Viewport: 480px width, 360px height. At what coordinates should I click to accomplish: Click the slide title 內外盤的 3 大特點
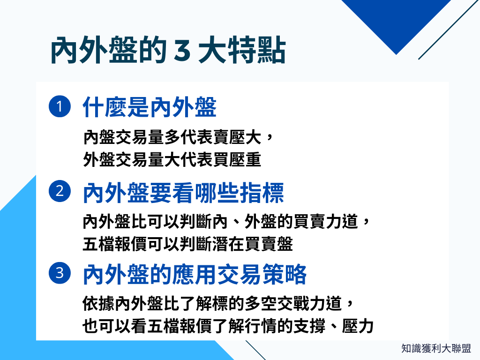pyautogui.click(x=167, y=51)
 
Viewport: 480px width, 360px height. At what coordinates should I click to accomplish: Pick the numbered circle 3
pyautogui.click(x=60, y=273)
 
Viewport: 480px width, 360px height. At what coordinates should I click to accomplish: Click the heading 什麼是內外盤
pyautogui.click(x=150, y=108)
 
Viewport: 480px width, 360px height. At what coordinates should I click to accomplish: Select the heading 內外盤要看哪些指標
pyautogui.click(x=183, y=193)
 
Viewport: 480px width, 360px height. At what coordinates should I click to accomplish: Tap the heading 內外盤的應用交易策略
pyautogui.click(x=195, y=275)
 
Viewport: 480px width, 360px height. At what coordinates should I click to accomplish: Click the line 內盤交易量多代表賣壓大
pyautogui.click(x=177, y=137)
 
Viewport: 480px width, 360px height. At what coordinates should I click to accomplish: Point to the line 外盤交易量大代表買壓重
pyautogui.click(x=172, y=160)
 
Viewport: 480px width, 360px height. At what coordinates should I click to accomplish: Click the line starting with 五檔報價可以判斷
pyautogui.click(x=187, y=244)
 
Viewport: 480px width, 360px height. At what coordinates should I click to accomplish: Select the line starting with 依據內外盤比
pyautogui.click(x=217, y=303)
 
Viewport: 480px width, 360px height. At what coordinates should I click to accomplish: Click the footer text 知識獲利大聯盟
pyautogui.click(x=436, y=348)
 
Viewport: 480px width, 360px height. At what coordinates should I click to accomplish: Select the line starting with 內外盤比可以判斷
pyautogui.click(x=227, y=221)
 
